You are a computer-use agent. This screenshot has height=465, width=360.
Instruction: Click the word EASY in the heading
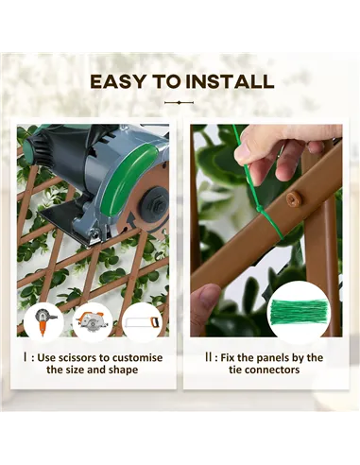coord(117,81)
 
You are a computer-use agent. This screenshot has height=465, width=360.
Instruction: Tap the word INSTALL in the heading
coord(230,81)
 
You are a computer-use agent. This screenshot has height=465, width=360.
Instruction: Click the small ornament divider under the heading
coord(179,102)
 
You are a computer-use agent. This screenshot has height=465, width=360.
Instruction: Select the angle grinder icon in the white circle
coord(44,321)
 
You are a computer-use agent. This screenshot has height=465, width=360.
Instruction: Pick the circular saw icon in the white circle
coord(93,322)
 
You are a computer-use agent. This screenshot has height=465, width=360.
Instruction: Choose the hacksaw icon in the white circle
coord(142,322)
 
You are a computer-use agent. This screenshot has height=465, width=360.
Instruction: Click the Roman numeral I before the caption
coord(25,357)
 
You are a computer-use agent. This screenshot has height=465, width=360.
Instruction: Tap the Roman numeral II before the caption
coord(208,357)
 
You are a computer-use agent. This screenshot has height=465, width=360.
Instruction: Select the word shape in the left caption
coord(124,370)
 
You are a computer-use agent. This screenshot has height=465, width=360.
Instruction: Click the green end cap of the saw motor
coord(29,146)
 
